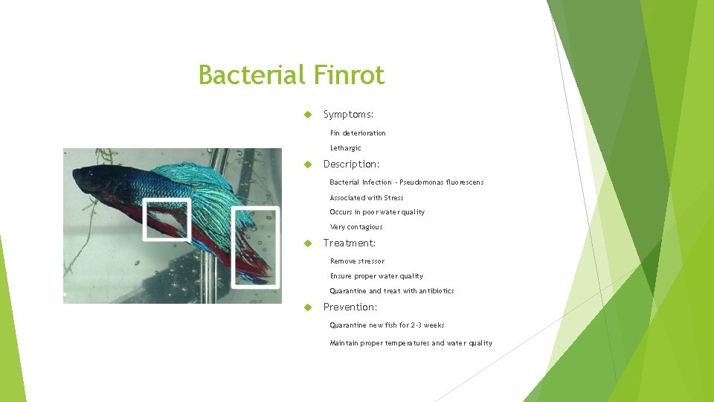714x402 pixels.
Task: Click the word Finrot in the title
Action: click(x=349, y=75)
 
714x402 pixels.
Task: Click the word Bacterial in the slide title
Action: click(x=252, y=75)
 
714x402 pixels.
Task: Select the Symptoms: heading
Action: click(x=348, y=115)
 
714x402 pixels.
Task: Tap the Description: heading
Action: click(x=351, y=164)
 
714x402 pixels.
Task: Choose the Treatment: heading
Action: click(x=350, y=243)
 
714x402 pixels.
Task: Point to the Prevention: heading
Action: click(x=350, y=307)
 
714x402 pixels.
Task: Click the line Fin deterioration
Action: click(x=358, y=133)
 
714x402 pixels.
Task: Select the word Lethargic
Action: click(x=346, y=148)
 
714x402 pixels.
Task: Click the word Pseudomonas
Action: click(x=425, y=182)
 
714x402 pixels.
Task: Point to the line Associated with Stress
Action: click(x=367, y=198)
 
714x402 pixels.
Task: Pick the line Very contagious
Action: click(x=356, y=227)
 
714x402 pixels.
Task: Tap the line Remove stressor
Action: click(x=357, y=261)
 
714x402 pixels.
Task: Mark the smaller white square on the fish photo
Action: click(x=167, y=220)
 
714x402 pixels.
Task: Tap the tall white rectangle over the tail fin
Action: click(x=255, y=247)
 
